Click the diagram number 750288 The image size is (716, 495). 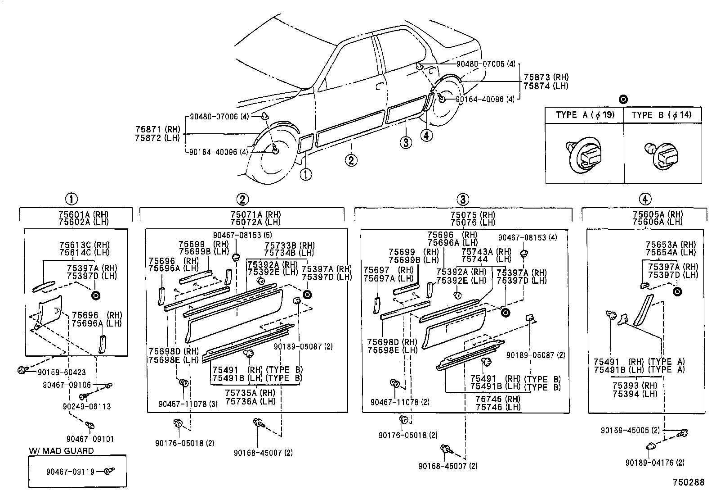[689, 482]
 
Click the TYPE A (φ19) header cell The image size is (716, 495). [584, 115]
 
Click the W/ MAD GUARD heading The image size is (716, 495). [61, 451]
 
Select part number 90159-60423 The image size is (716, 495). [61, 372]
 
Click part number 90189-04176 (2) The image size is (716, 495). [655, 462]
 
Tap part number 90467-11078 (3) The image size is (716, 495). [188, 404]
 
